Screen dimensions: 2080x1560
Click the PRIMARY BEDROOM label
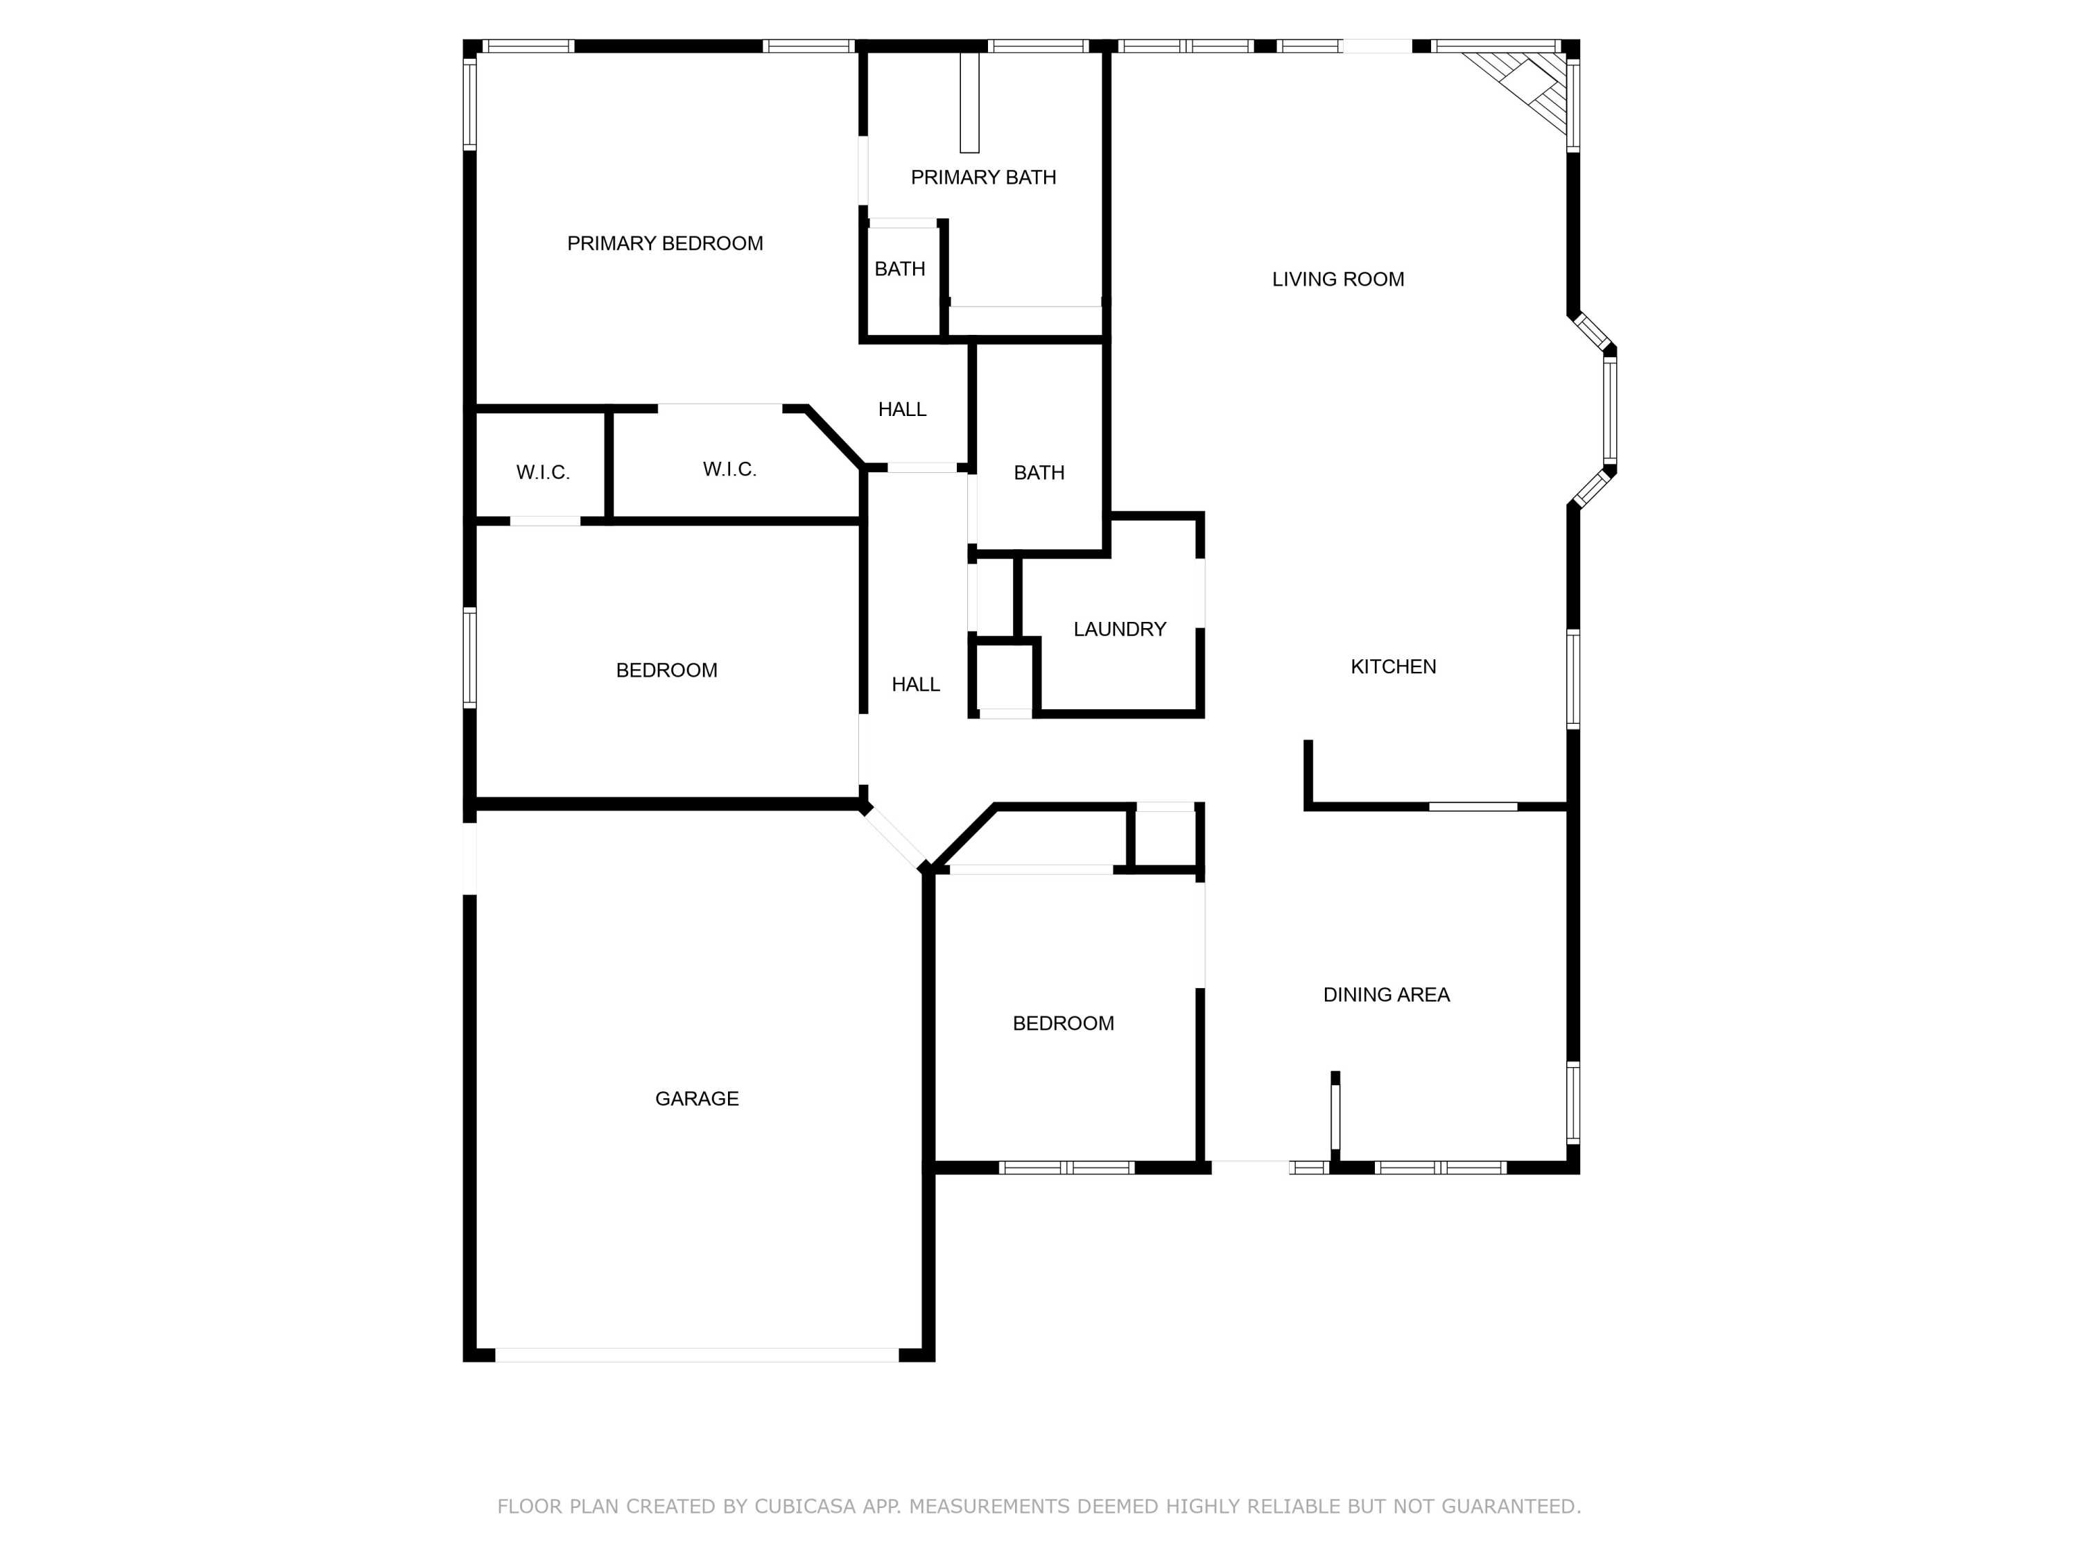pos(665,243)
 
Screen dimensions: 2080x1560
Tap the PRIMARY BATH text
pos(984,177)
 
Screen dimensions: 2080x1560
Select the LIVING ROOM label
pos(1338,279)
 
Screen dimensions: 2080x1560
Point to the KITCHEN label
pos(1394,667)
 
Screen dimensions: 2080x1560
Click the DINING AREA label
pos(1386,995)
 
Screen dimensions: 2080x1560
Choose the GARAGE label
pos(697,1098)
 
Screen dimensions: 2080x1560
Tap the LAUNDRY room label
pos(1120,629)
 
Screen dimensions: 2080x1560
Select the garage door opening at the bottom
pos(697,1355)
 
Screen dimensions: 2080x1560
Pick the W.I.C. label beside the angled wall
pos(729,469)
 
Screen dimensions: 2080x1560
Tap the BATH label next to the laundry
pos(1039,473)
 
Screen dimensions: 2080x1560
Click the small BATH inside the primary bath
pos(900,269)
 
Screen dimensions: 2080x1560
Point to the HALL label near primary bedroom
pos(902,409)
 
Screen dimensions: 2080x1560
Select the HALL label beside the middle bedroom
pos(916,684)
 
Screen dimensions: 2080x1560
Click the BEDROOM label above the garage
pos(667,670)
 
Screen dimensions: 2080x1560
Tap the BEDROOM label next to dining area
pos(1064,1023)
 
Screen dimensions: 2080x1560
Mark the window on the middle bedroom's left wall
pos(470,657)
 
